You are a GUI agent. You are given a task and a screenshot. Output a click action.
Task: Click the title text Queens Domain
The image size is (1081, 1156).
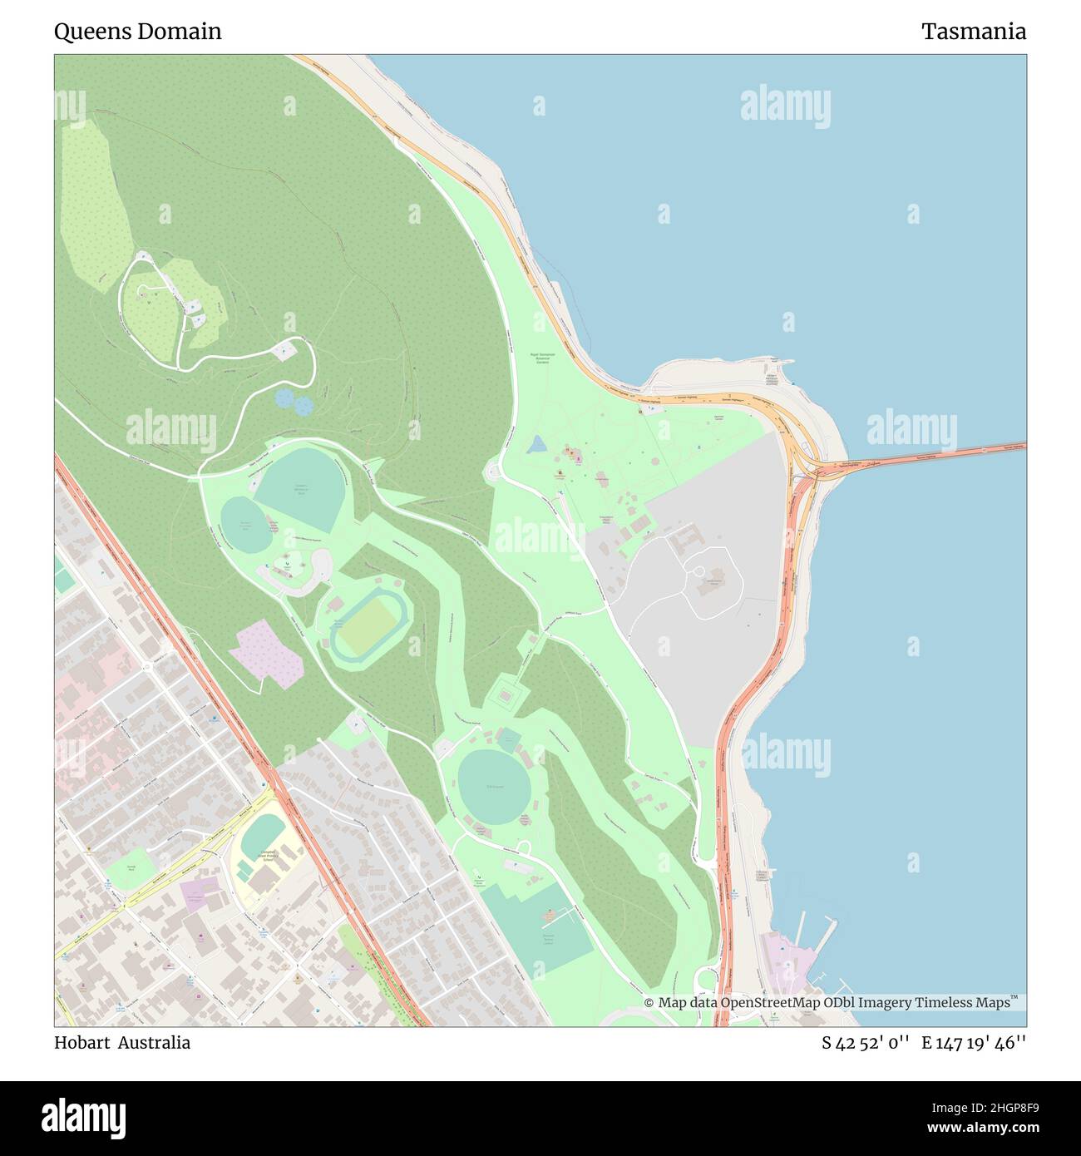point(138,32)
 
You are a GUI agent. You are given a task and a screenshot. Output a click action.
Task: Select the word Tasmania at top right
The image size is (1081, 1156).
point(973,32)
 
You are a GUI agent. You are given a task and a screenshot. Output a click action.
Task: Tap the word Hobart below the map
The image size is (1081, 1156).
point(81,1043)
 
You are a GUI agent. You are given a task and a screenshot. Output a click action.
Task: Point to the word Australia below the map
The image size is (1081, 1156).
point(154,1043)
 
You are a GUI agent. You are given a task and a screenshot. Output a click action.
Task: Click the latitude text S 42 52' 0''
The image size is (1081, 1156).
point(866,1043)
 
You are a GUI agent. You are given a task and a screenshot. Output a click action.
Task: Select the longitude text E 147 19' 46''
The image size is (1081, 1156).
point(974,1043)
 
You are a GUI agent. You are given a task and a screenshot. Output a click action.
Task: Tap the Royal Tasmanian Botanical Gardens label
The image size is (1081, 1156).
point(542,358)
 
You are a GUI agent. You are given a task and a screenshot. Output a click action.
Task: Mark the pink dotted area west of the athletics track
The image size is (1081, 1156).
point(269,653)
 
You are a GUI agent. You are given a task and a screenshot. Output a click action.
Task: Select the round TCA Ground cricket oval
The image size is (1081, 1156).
point(493,786)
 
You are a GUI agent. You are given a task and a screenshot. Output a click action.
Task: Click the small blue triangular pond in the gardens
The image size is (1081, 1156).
point(537,445)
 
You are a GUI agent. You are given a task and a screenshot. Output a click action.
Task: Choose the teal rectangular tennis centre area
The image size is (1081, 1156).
point(536,926)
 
